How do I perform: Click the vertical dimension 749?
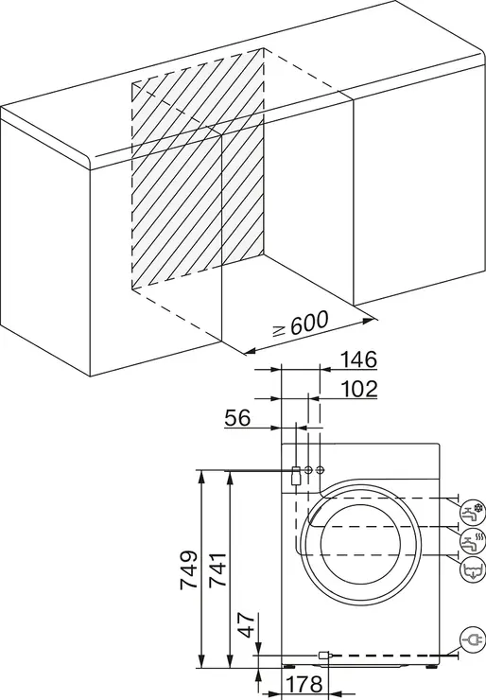188,570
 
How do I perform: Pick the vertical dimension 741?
217,570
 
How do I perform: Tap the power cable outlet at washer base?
324,654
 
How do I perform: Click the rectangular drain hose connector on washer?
296,474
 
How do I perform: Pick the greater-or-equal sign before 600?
276,333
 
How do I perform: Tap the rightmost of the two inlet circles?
320,470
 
